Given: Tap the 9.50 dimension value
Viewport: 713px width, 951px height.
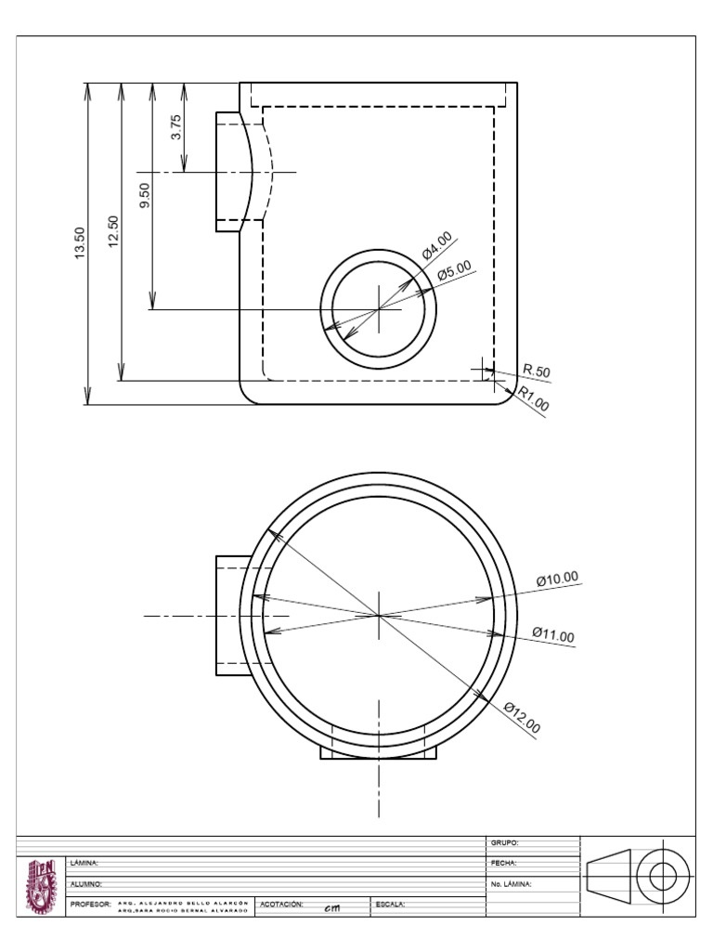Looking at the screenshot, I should pos(144,196).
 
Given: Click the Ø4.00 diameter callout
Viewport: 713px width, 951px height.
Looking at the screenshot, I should pos(436,245).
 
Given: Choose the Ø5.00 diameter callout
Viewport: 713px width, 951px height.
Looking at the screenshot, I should pos(454,270).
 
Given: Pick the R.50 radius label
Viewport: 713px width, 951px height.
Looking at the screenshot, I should pos(537,371).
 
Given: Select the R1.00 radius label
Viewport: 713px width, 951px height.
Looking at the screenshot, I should pos(534,399).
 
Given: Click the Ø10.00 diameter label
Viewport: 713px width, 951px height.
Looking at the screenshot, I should pos(557,579).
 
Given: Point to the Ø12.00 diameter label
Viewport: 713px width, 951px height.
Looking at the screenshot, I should pos(522,719).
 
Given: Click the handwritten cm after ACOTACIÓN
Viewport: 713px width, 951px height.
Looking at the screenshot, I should pos(331,908).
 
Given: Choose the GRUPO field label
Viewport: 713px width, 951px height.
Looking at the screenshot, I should pos(503,843).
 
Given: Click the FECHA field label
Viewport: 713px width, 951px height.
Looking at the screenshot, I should pos(503,863).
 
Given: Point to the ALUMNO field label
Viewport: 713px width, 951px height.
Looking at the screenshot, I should pos(85,884).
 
